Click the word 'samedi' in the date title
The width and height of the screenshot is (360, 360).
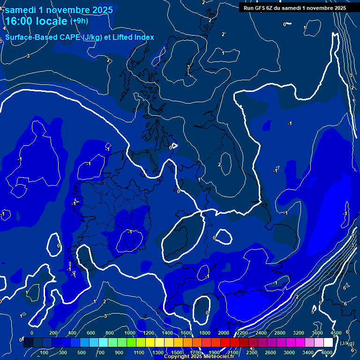coord(22,9)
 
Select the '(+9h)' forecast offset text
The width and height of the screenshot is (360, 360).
coord(79,21)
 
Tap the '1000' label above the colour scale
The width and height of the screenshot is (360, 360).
coord(130,333)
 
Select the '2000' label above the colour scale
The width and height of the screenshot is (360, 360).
coord(224,333)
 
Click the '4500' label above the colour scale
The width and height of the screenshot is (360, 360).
coord(336,333)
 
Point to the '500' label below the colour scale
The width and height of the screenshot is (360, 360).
coord(82,352)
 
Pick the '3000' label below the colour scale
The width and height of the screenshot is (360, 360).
coord(289,352)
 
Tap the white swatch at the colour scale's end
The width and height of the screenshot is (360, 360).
coord(328,343)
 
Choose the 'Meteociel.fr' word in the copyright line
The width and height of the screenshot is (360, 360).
coord(219,357)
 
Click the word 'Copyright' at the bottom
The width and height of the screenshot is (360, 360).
coord(177,357)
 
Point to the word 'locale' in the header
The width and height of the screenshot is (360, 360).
coord(53,21)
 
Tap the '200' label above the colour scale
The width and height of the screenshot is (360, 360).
coord(53,333)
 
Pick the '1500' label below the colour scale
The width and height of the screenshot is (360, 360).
coord(176,352)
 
